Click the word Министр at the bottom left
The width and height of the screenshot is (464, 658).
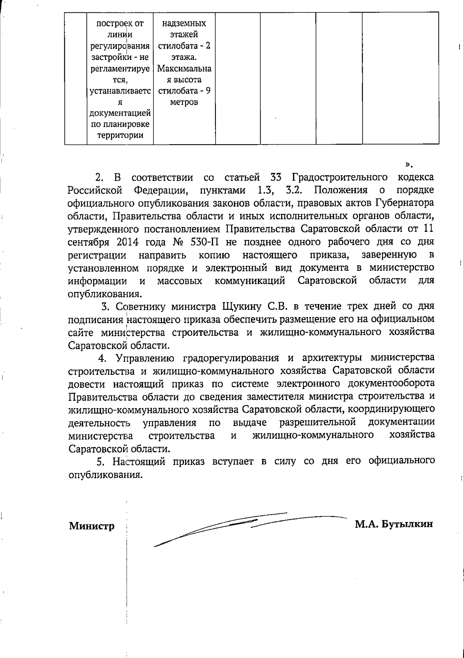click(x=92, y=526)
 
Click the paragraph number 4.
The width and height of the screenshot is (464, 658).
click(x=102, y=358)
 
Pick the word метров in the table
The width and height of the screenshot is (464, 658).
click(x=184, y=102)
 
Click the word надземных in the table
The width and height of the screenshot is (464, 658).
click(x=184, y=23)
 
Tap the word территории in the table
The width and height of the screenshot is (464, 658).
click(x=120, y=135)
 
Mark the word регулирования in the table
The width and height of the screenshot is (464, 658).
click(x=120, y=46)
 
